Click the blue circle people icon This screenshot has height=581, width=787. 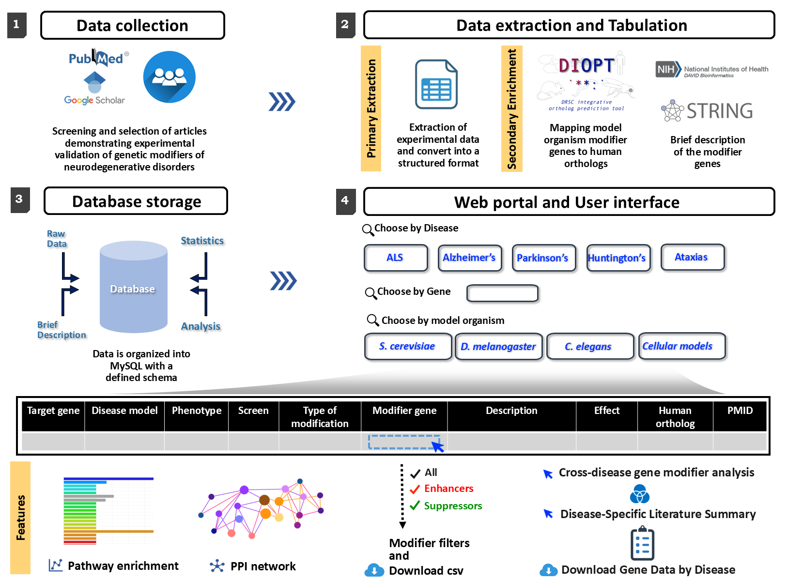(x=169, y=77)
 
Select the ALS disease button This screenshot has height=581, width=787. (x=396, y=258)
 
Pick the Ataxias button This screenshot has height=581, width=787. (x=692, y=257)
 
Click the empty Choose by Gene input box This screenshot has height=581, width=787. (x=502, y=293)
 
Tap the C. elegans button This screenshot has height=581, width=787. (x=589, y=346)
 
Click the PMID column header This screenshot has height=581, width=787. (x=740, y=411)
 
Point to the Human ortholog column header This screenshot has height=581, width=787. (x=675, y=416)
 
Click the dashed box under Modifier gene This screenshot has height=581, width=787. (x=404, y=442)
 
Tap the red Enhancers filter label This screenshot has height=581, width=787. (x=448, y=489)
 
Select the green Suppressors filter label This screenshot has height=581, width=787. (x=453, y=506)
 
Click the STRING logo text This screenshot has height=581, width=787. (x=719, y=111)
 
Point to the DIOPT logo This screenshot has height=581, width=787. (x=586, y=65)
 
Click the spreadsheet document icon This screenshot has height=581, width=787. (x=436, y=85)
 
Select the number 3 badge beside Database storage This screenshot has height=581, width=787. (x=20, y=199)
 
